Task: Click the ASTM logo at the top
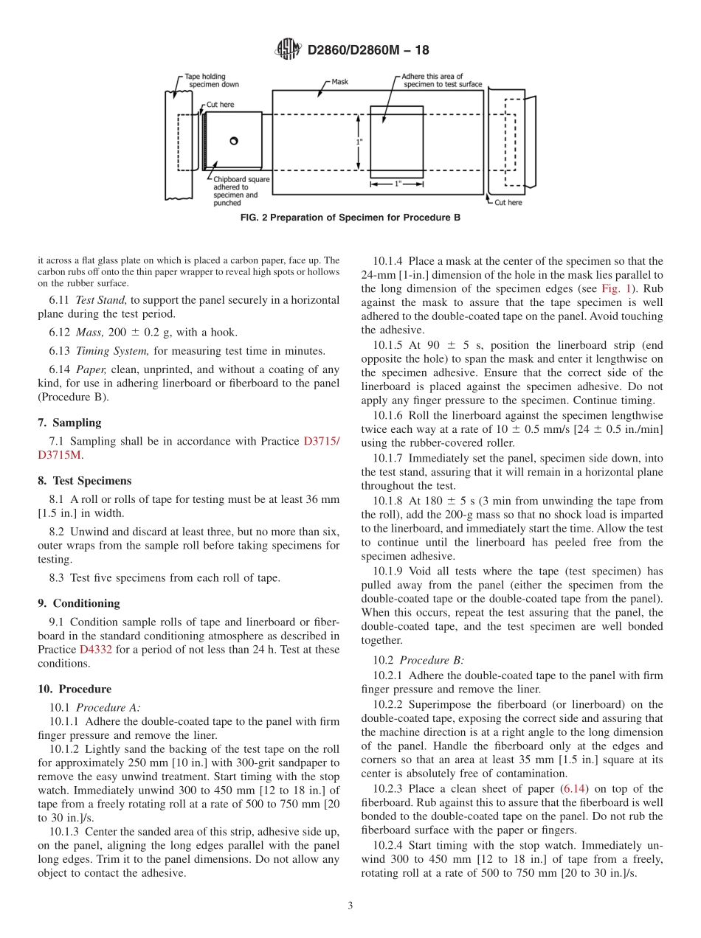(x=288, y=49)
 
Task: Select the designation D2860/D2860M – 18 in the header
(x=367, y=50)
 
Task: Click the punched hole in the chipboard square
(x=234, y=141)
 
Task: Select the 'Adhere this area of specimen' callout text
(x=442, y=80)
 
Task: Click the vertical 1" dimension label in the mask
(x=359, y=142)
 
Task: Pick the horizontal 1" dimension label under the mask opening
(x=397, y=184)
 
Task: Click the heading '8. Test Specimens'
(x=84, y=481)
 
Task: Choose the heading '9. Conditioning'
(x=78, y=602)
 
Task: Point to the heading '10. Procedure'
(x=75, y=689)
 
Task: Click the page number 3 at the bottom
(x=350, y=906)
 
